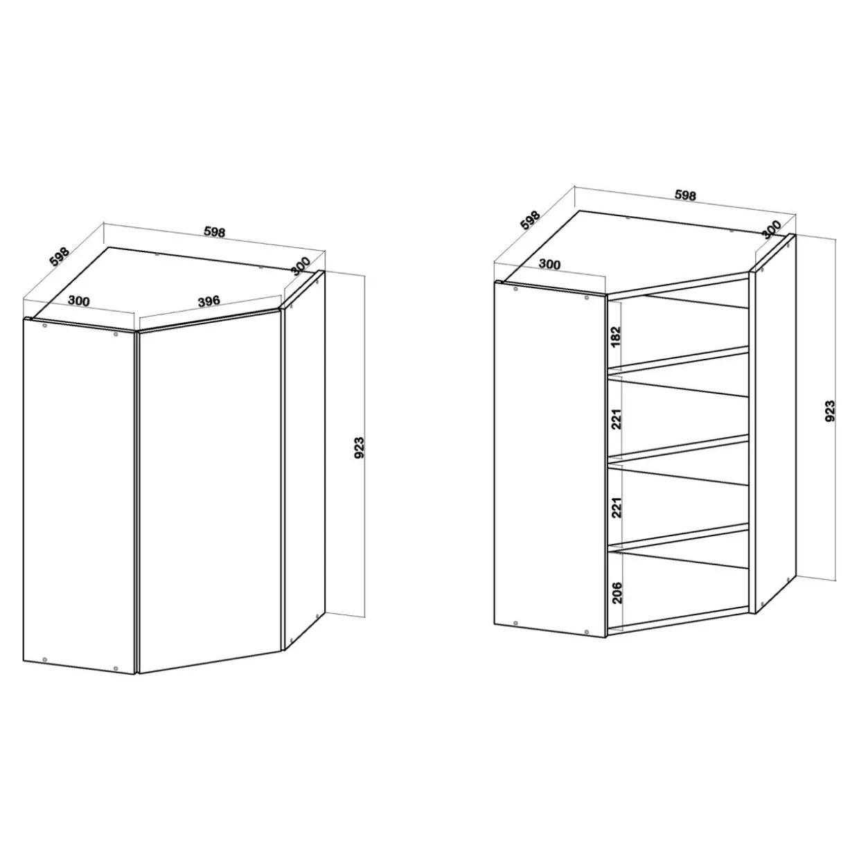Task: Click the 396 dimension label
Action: [x=209, y=301]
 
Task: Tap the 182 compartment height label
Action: [x=616, y=337]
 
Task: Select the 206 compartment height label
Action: [x=617, y=592]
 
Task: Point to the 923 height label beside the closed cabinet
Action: [x=360, y=448]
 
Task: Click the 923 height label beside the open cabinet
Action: [x=830, y=411]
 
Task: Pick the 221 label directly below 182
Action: [x=616, y=419]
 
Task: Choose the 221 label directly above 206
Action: [x=616, y=507]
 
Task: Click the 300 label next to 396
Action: [x=79, y=301]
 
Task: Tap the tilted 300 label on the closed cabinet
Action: [x=301, y=266]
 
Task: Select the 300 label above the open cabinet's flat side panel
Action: [x=549, y=265]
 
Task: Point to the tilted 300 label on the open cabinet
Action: [x=771, y=229]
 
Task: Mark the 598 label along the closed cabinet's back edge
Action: [x=215, y=232]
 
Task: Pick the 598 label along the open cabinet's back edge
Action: [x=685, y=195]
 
